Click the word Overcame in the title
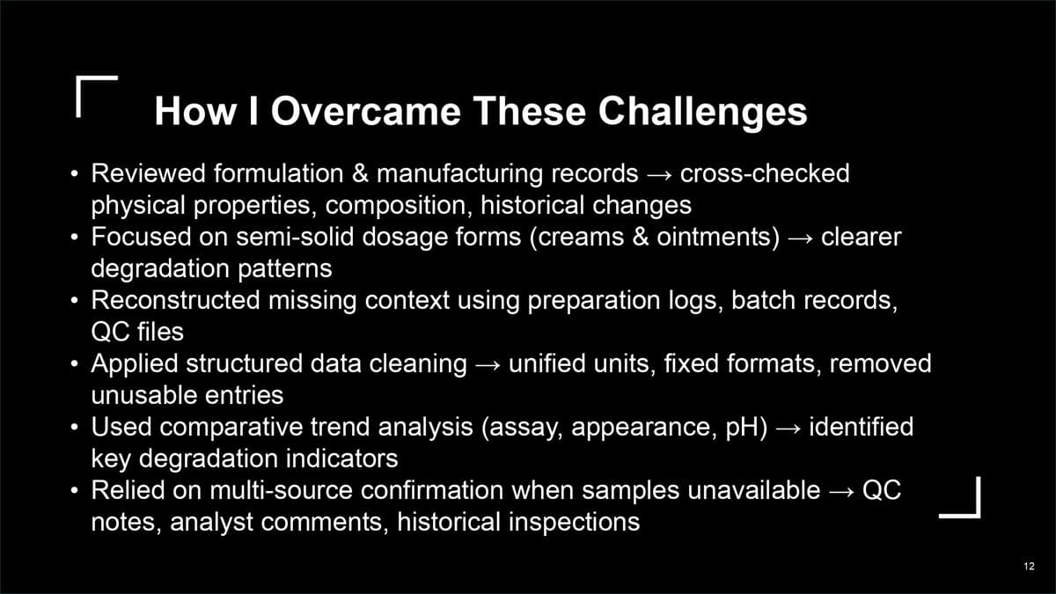(365, 111)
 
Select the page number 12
(1029, 566)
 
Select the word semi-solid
(295, 236)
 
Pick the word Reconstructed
(175, 300)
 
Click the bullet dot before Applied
(74, 364)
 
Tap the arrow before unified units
(488, 365)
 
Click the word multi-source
(281, 490)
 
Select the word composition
(399, 206)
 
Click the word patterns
(285, 269)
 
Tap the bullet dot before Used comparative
(74, 428)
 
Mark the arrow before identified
(788, 428)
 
